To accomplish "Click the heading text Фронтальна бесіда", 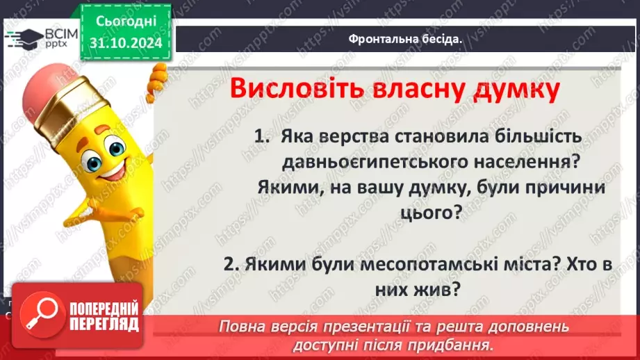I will coord(406,39).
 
